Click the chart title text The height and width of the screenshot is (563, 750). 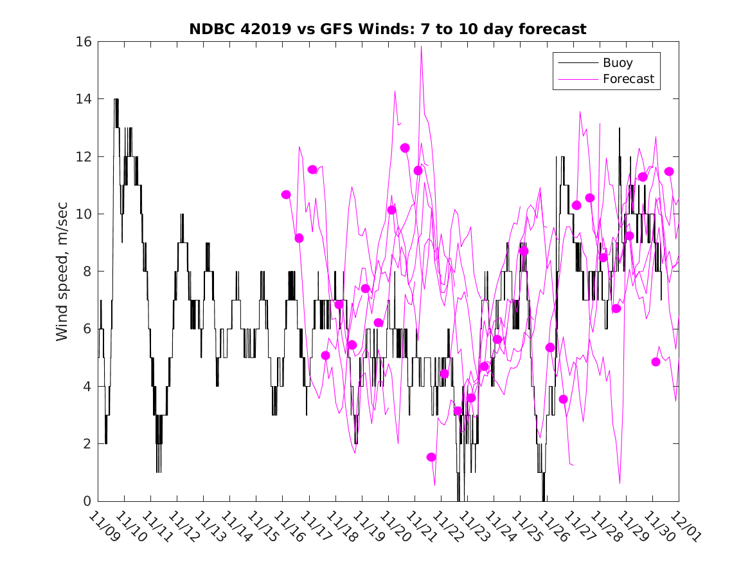[388, 29]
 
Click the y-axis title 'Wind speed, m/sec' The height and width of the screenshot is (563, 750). [62, 271]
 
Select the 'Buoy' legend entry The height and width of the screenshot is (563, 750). [617, 63]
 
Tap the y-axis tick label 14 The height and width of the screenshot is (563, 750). [85, 99]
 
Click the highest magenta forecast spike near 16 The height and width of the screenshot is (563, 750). [421, 47]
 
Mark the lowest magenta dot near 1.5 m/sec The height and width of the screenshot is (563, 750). [431, 457]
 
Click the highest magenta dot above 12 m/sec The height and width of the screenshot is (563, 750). [405, 148]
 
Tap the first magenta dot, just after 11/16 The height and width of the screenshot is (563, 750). [286, 194]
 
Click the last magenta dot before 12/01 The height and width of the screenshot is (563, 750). [669, 171]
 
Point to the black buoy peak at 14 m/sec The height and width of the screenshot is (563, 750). [116, 100]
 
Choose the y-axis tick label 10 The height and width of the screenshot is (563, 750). [85, 214]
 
